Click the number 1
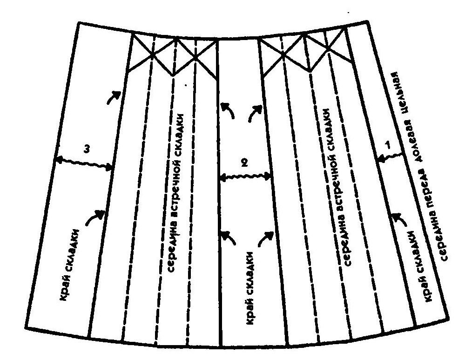point(387,145)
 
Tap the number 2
point(244,163)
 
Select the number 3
point(86,150)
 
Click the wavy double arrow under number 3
point(84,163)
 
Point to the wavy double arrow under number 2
point(244,177)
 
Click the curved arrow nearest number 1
point(399,219)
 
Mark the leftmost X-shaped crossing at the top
point(152,54)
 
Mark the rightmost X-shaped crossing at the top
point(328,48)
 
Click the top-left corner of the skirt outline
point(79,23)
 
